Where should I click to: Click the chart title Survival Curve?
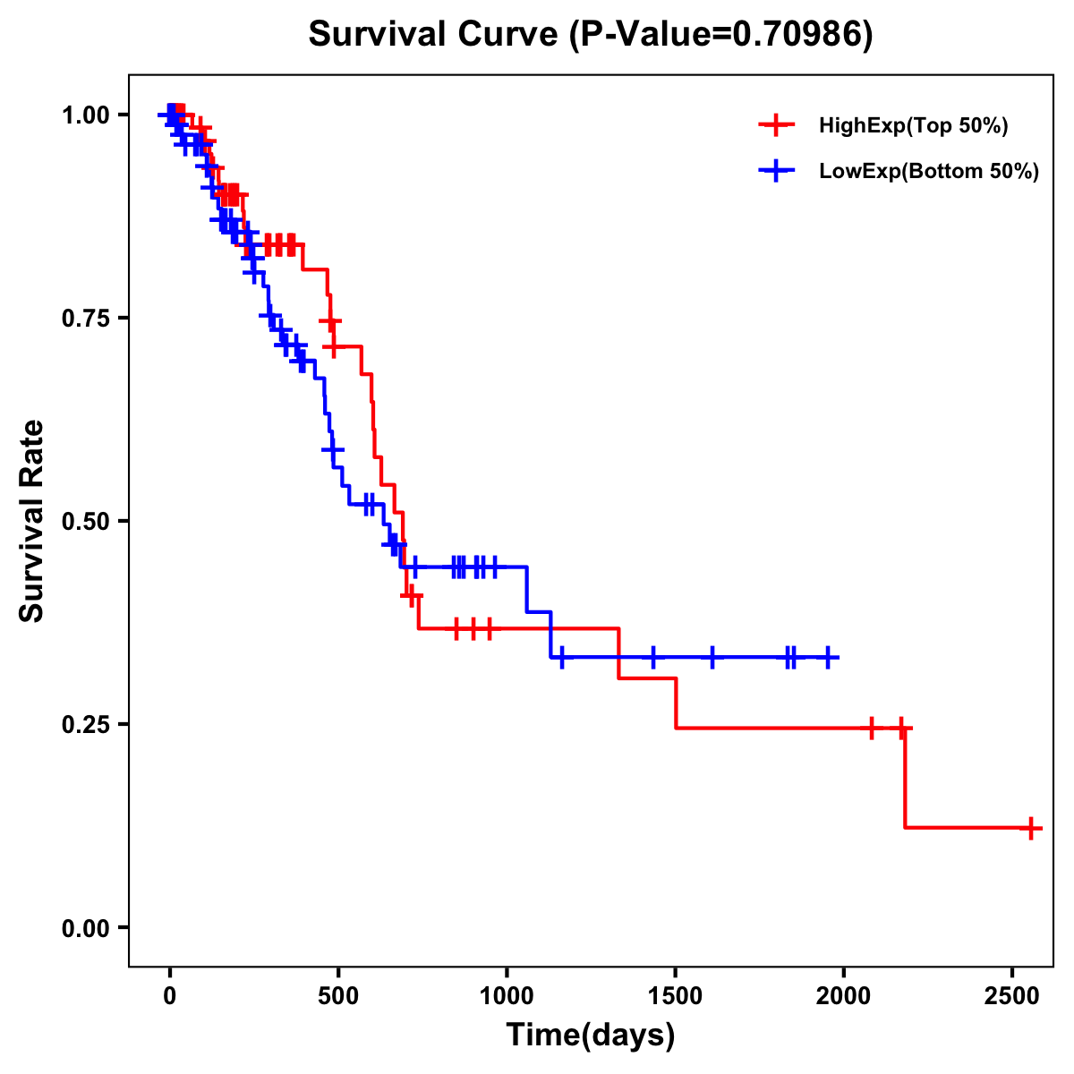coord(590,34)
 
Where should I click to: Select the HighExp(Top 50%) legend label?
coord(913,125)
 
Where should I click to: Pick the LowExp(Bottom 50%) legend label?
coord(929,172)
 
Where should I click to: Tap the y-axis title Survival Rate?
coord(32,520)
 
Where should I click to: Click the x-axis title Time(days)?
coord(591,1036)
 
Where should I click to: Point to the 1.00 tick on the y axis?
coord(86,115)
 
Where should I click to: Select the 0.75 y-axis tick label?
coord(86,318)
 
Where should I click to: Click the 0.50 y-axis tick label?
coord(86,521)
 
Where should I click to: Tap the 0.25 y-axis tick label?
coord(86,724)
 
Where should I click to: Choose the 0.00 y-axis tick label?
coord(86,927)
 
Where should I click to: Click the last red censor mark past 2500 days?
coord(1030,828)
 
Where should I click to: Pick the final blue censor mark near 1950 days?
coord(828,657)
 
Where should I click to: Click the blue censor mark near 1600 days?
coord(712,657)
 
